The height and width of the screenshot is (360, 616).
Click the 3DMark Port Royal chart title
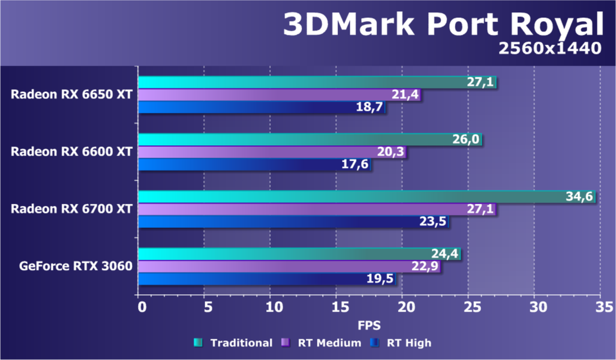click(442, 25)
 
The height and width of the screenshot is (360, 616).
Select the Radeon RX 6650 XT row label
click(71, 94)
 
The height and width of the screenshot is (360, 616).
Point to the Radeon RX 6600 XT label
click(71, 151)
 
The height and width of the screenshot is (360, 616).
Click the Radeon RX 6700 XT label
click(71, 208)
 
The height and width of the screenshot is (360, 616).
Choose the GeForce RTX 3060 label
click(76, 265)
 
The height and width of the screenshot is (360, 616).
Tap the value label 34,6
click(579, 197)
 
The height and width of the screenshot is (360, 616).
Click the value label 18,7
click(370, 108)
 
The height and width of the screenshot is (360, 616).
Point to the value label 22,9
click(425, 266)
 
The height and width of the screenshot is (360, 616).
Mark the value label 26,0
click(466, 140)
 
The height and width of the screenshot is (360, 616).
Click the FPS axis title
click(369, 325)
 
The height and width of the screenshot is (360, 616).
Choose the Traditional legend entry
click(234, 343)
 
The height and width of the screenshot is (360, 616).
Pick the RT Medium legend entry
click(321, 343)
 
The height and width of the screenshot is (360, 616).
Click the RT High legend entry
click(401, 343)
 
